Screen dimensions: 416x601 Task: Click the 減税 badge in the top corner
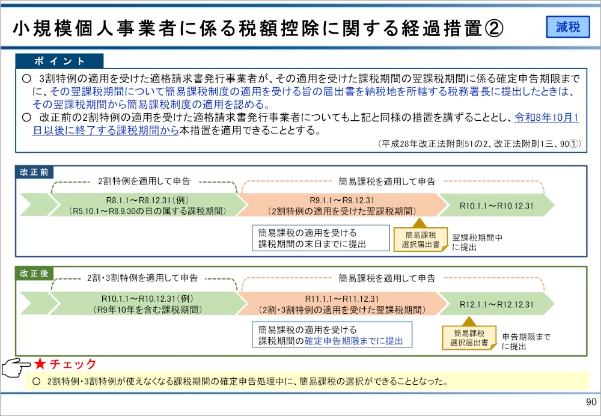(568, 27)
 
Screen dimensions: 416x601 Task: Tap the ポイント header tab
(60, 61)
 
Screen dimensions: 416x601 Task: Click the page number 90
(590, 402)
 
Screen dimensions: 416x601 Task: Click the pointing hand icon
(16, 367)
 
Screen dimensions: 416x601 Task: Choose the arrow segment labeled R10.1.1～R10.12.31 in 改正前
(496, 206)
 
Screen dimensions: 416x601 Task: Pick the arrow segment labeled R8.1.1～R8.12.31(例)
(147, 205)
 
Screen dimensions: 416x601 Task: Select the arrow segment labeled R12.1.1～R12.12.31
(496, 305)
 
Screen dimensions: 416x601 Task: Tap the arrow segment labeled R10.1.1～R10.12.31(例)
(147, 304)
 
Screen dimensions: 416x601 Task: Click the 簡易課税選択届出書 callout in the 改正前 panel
(421, 240)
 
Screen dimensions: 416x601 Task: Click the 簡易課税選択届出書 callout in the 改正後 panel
(469, 338)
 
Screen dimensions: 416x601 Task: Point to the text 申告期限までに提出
(526, 341)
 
